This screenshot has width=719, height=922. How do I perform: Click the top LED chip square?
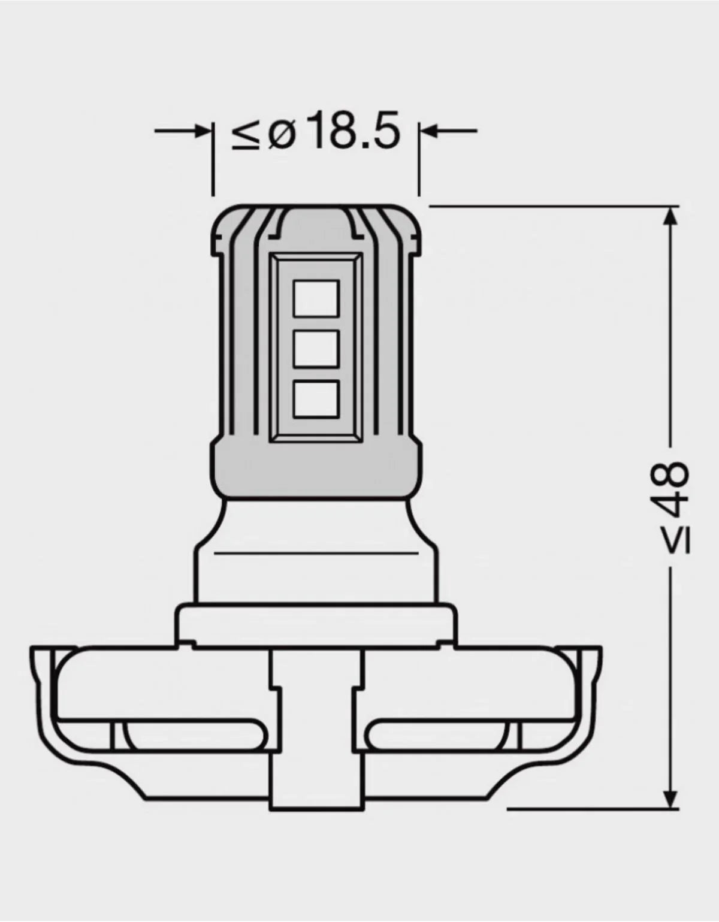point(316,299)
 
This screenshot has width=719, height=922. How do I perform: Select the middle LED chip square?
point(316,349)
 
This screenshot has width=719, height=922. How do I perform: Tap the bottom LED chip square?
point(316,400)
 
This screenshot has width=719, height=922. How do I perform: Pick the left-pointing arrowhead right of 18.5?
point(429,131)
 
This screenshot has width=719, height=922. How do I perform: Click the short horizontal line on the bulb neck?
point(316,552)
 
